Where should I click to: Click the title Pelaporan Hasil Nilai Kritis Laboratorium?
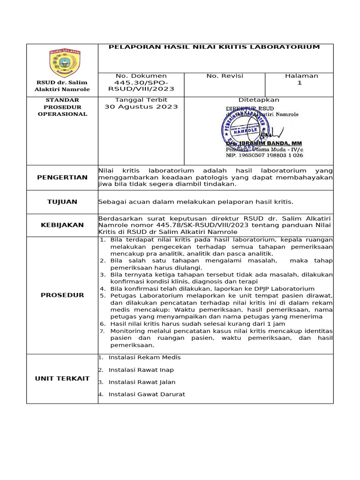214,47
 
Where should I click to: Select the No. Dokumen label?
141,76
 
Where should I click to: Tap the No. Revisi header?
225,76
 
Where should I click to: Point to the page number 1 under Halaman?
300,82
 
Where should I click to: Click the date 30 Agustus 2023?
141,106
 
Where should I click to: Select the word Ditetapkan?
259,100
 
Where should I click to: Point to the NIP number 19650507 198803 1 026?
265,155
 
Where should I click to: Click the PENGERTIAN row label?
62,177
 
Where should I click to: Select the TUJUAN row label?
62,202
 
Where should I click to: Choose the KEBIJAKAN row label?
62,225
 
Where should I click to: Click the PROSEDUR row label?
62,295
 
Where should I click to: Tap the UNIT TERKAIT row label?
62,379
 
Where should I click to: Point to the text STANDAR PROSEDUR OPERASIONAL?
62,107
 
